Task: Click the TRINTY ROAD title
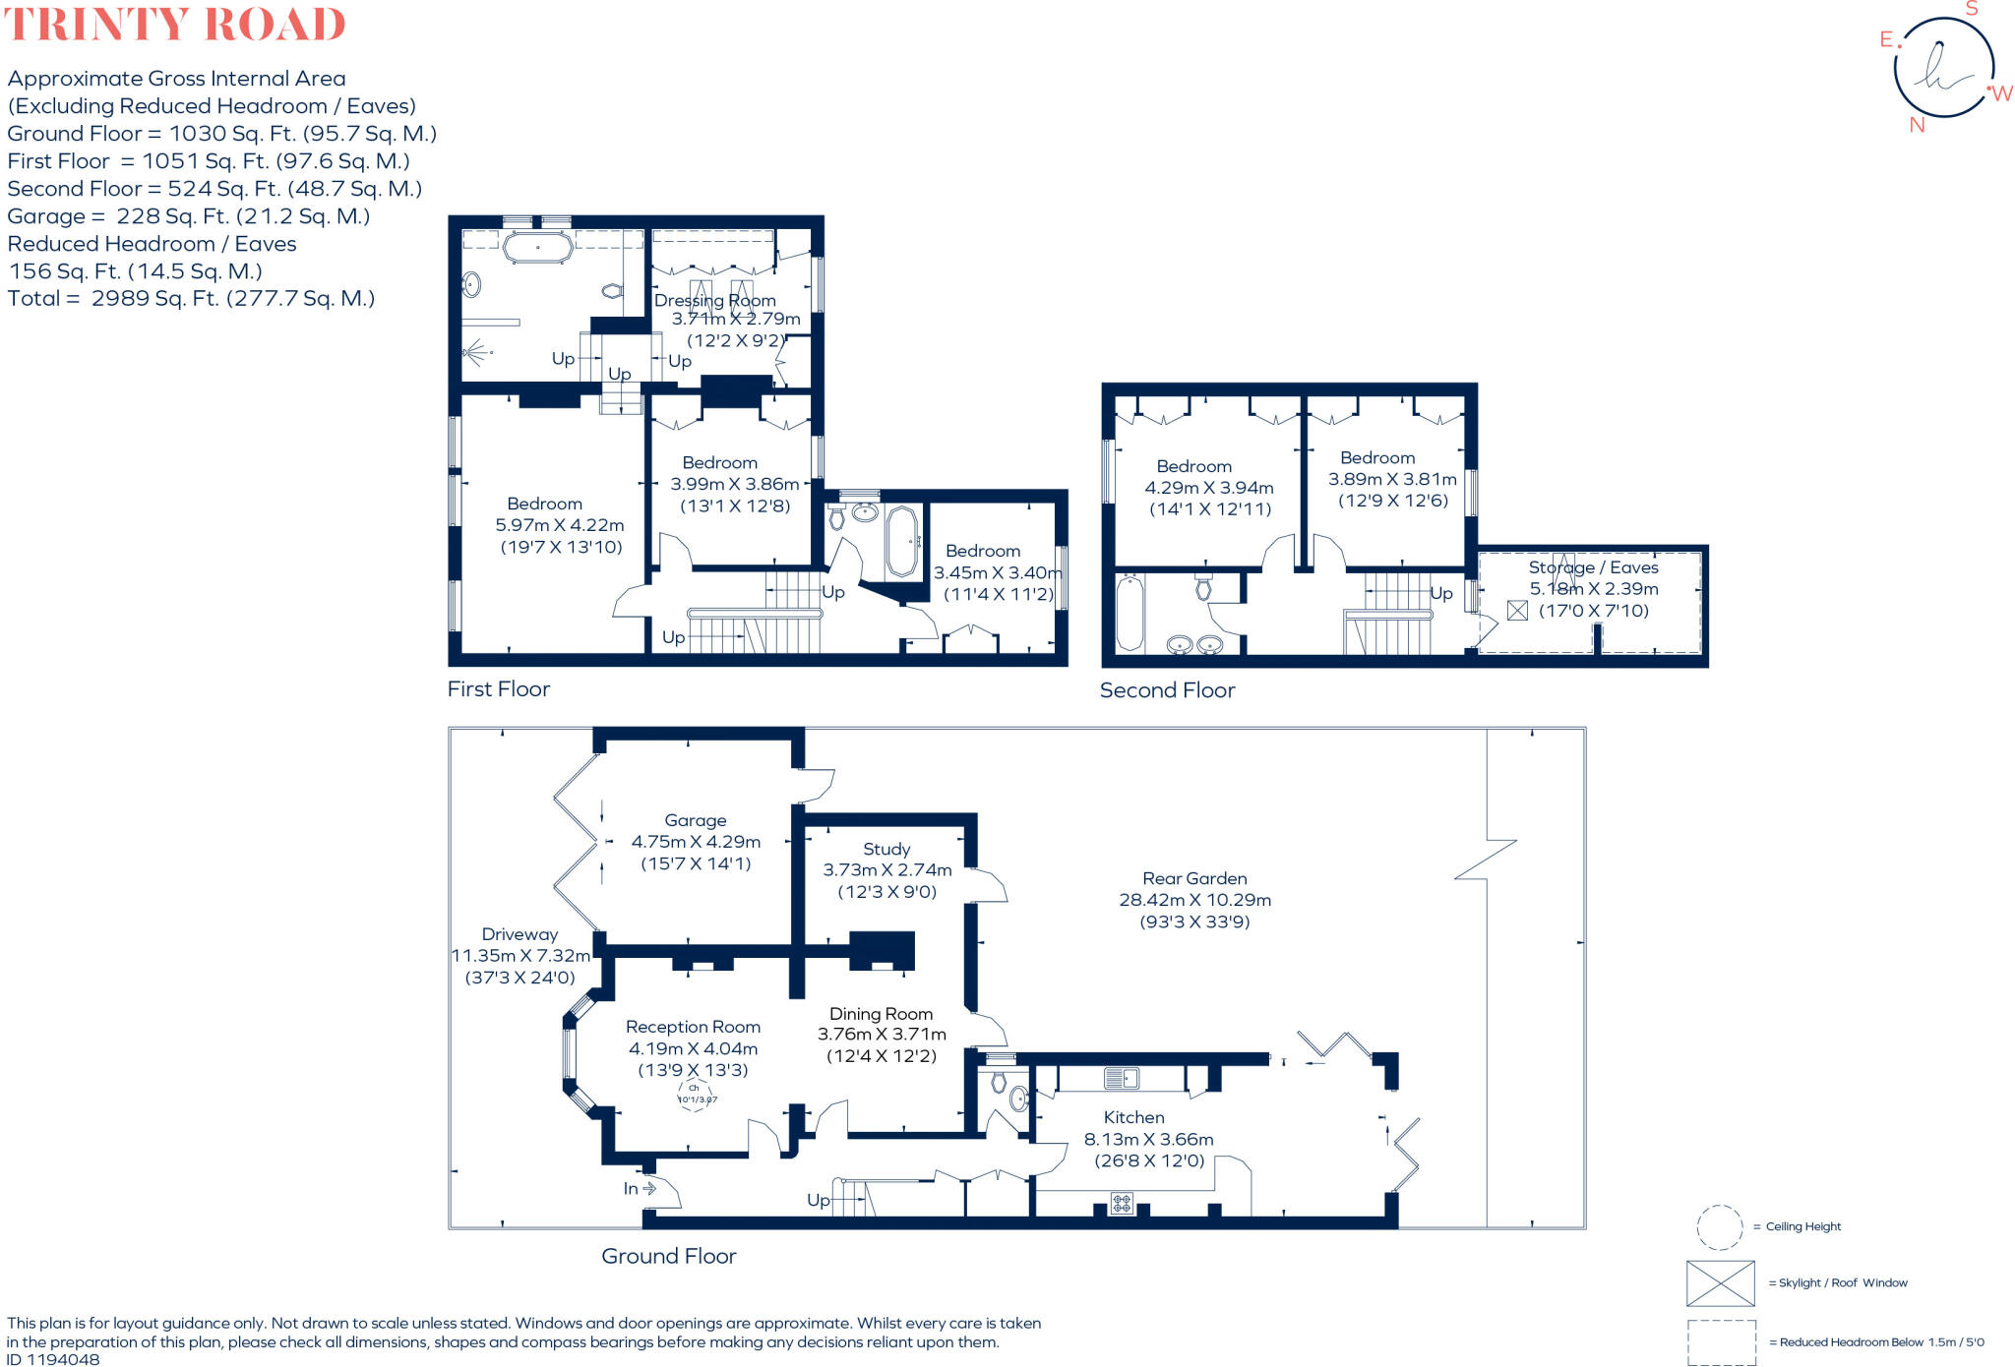[175, 24]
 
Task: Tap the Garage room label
[696, 820]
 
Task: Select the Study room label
[886, 849]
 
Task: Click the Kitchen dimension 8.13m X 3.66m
[1148, 1139]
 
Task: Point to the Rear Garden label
[1194, 878]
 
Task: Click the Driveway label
[519, 934]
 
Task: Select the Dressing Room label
[715, 300]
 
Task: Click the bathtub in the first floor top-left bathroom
[538, 247]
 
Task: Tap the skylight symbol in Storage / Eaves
[1517, 611]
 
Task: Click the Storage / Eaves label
[1593, 567]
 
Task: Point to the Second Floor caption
[1167, 690]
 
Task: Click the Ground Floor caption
[668, 1256]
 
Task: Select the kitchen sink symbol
[1121, 1079]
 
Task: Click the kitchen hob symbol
[1122, 1202]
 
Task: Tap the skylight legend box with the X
[1720, 1283]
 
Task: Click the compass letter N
[1917, 125]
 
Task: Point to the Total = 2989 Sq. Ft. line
[191, 298]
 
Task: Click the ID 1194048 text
[53, 1359]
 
